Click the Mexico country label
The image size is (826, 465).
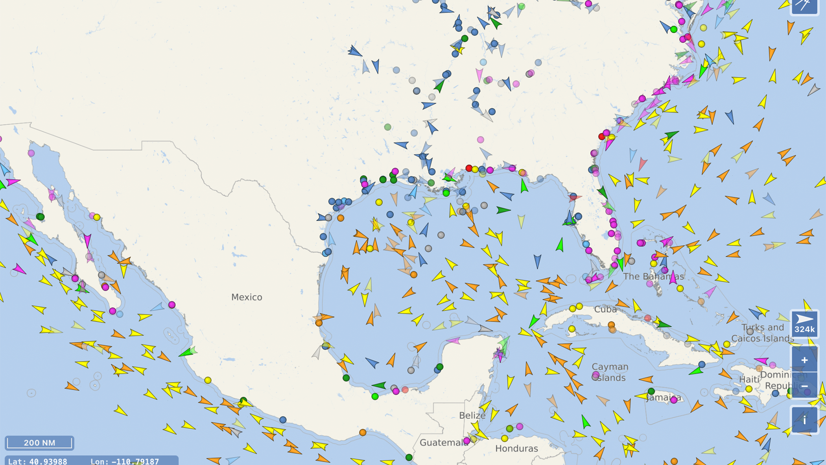(247, 297)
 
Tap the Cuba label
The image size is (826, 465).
(605, 309)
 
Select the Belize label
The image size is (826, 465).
(472, 415)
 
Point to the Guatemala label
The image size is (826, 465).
(442, 443)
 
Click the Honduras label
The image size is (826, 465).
(516, 448)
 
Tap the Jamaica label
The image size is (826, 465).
(664, 398)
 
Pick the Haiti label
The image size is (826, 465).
(749, 379)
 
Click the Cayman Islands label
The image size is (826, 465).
(610, 372)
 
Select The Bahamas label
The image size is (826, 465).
(653, 276)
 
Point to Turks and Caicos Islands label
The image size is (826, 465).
(762, 333)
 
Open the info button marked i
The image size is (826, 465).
(804, 420)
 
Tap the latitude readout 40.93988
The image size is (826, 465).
(38, 461)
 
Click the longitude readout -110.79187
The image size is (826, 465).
(124, 461)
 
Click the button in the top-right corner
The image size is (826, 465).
(804, 6)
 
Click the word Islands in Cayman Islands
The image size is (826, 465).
(610, 378)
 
